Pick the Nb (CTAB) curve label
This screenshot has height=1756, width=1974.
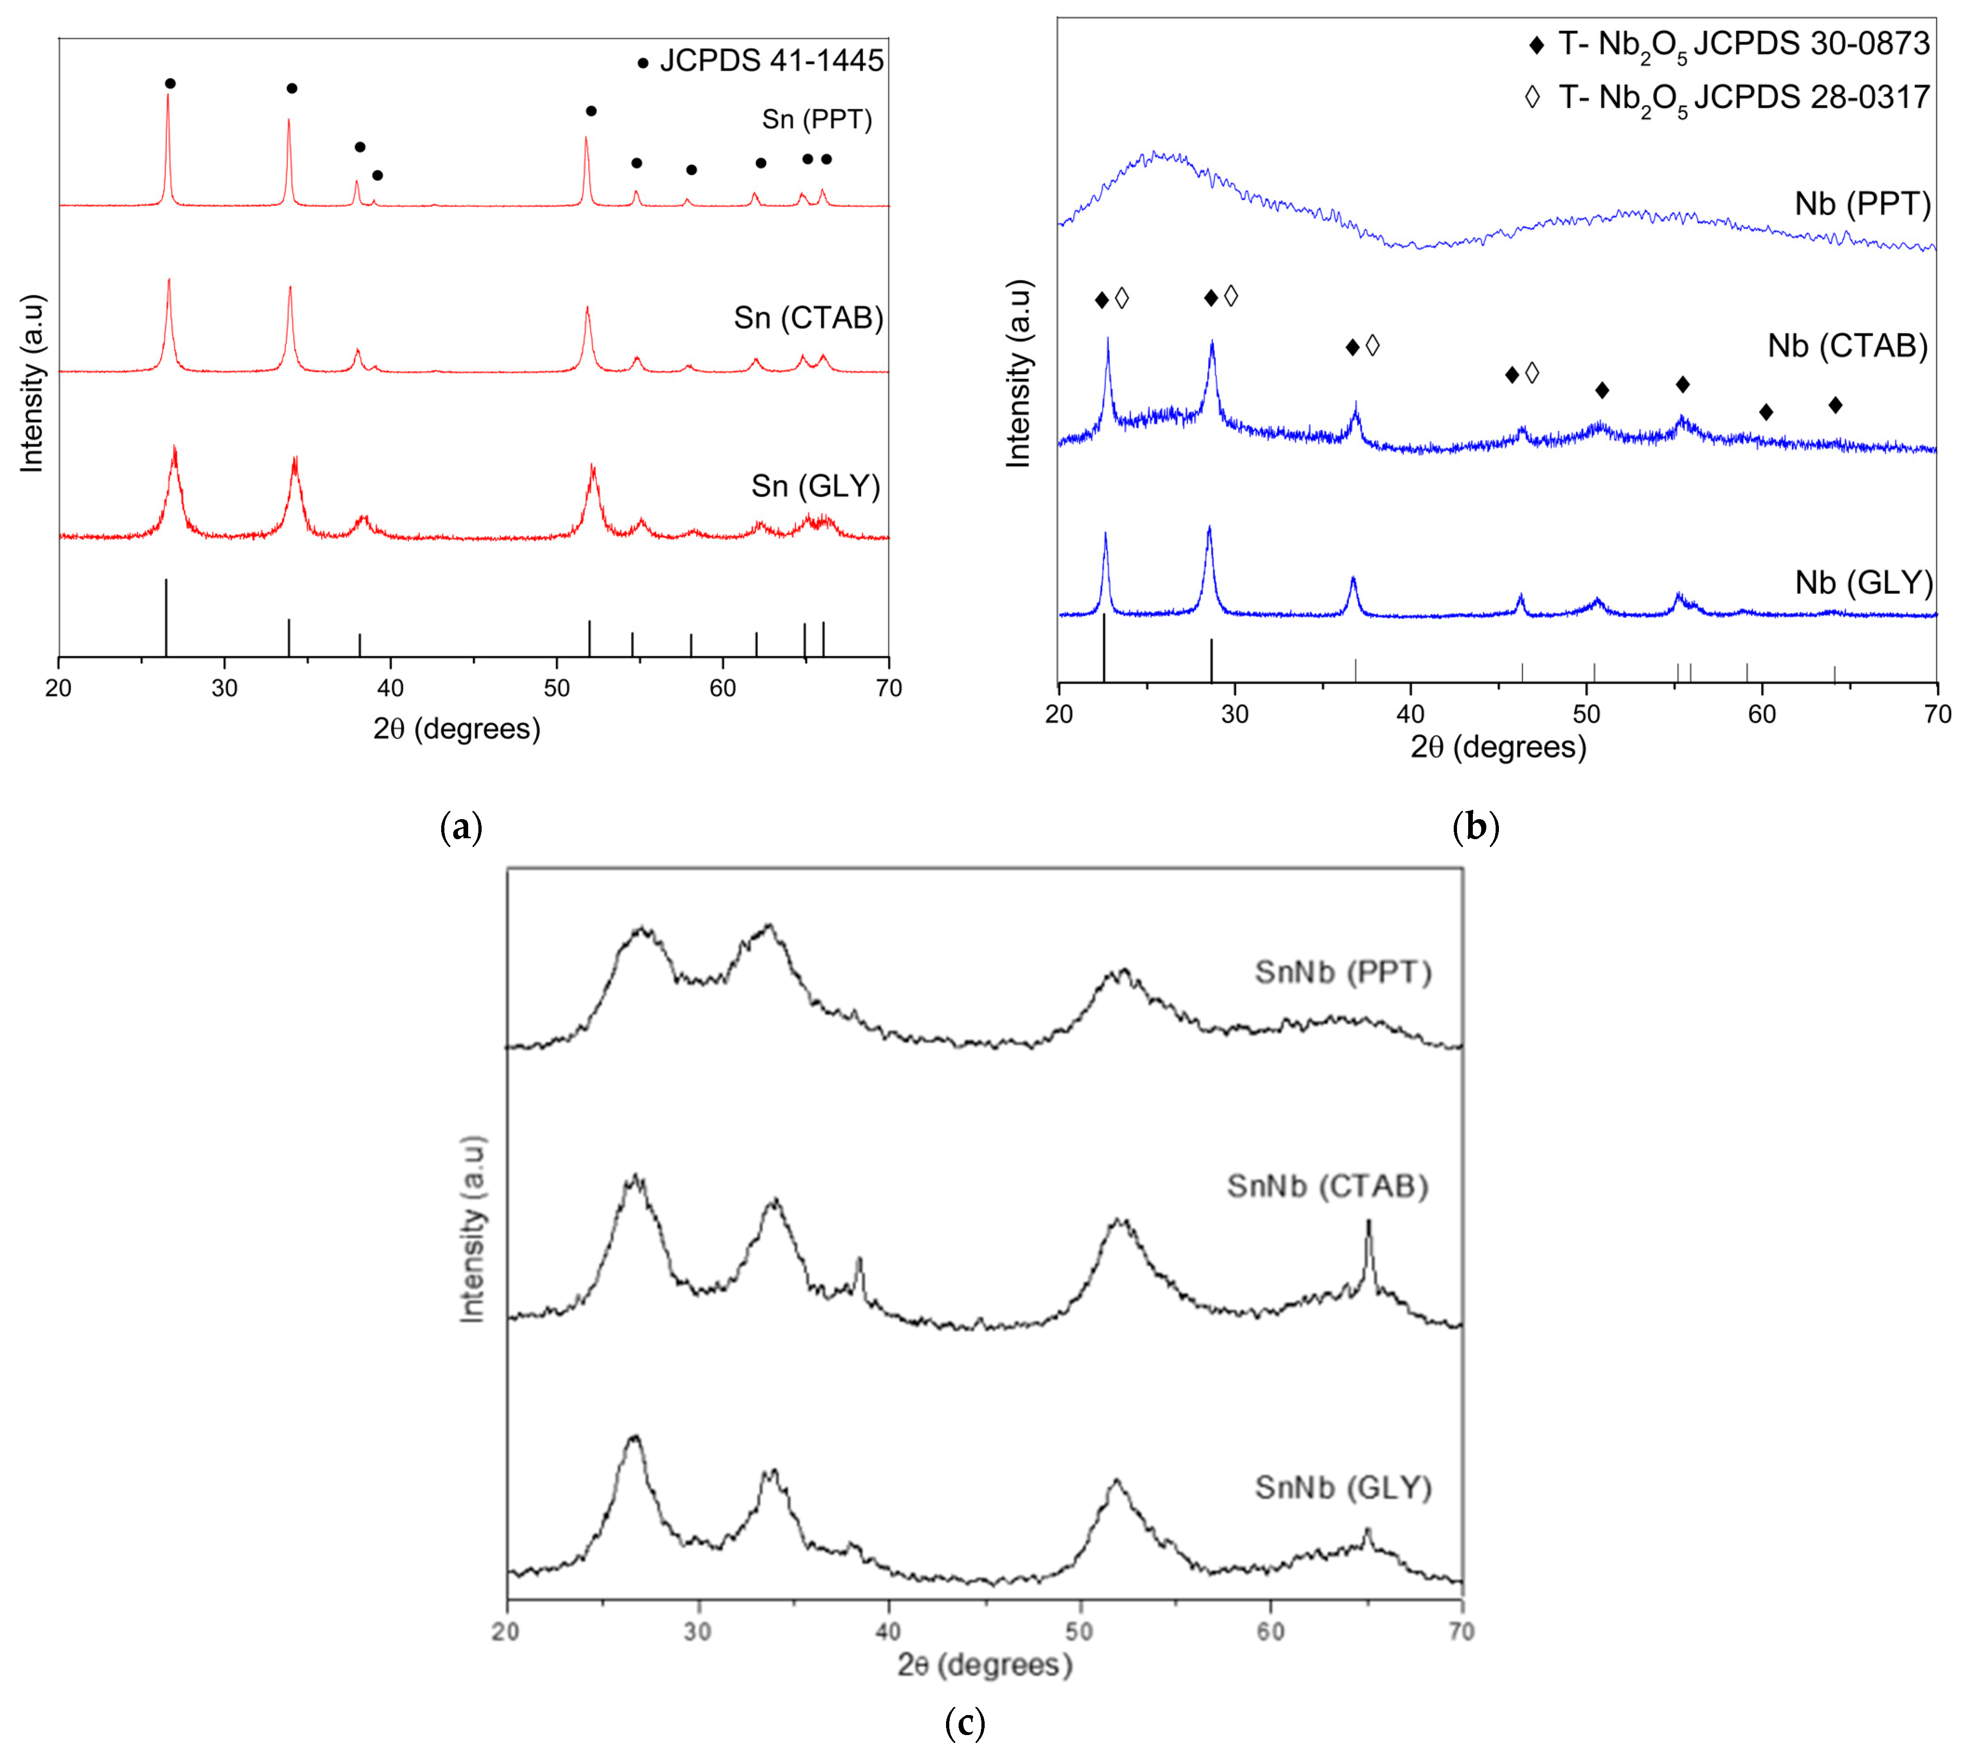[1846, 346]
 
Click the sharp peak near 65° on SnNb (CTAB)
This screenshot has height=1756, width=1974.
[1368, 1224]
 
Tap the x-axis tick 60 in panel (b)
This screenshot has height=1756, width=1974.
[1761, 714]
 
